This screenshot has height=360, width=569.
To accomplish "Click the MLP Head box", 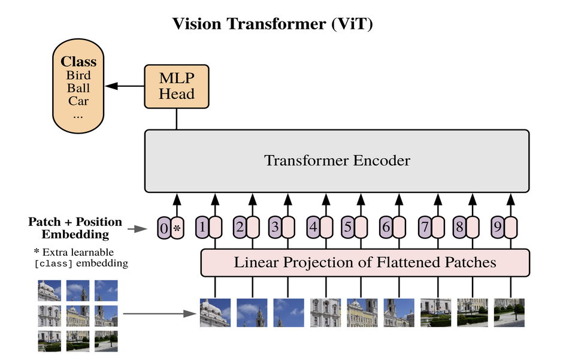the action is pyautogui.click(x=177, y=86).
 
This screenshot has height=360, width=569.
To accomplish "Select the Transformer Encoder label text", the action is pyautogui.click(x=337, y=161).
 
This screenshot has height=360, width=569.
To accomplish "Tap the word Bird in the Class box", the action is pyautogui.click(x=78, y=75).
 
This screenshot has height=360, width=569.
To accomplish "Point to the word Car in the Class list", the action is pyautogui.click(x=78, y=101).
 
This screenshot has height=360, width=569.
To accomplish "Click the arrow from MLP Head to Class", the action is pyautogui.click(x=125, y=86).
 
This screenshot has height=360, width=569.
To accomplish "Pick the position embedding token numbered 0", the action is pyautogui.click(x=164, y=228).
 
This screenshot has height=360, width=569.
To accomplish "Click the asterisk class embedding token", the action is pyautogui.click(x=177, y=228).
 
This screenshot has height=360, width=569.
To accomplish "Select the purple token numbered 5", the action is pyautogui.click(x=347, y=227).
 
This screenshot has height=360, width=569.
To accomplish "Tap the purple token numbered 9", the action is pyautogui.click(x=498, y=227).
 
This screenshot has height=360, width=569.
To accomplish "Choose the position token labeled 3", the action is pyautogui.click(x=275, y=227).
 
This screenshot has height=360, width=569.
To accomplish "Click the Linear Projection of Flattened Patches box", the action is pyautogui.click(x=365, y=262).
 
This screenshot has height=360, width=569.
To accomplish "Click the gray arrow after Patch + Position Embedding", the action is pyautogui.click(x=137, y=229).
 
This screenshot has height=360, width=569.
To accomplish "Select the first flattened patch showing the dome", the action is pyautogui.click(x=215, y=313).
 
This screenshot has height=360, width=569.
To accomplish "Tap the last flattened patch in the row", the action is pyautogui.click(x=509, y=313).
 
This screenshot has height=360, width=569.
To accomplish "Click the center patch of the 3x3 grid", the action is pyautogui.click(x=78, y=316).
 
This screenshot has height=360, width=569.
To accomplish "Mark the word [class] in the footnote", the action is pyautogui.click(x=54, y=264).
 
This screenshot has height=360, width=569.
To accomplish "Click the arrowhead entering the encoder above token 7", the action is pyautogui.click(x=438, y=199).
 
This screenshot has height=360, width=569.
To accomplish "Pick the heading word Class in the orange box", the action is pyautogui.click(x=78, y=61).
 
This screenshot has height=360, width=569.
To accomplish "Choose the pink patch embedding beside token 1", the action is pyautogui.click(x=216, y=227).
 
